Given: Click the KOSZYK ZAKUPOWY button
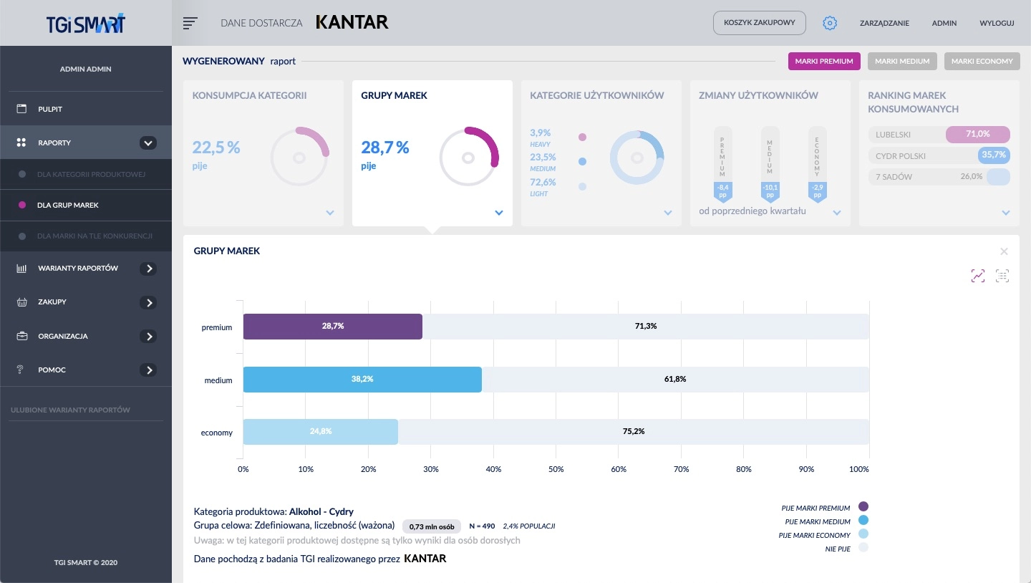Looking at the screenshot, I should pyautogui.click(x=759, y=23).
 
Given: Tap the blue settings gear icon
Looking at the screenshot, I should pyautogui.click(x=830, y=23).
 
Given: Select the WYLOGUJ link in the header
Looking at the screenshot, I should pyautogui.click(x=997, y=23).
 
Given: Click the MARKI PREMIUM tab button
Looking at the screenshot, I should pyautogui.click(x=824, y=62).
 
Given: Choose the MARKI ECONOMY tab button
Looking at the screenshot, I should pyautogui.click(x=982, y=62).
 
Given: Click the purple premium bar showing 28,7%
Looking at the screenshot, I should pyautogui.click(x=333, y=326).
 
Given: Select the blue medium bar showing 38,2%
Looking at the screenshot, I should pyautogui.click(x=362, y=379).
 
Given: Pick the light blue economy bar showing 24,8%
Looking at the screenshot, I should pyautogui.click(x=321, y=432).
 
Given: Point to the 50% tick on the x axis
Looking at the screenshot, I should pyautogui.click(x=556, y=469).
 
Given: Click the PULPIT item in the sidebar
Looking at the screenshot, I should pyautogui.click(x=50, y=109).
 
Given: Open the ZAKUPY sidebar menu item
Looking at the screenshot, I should pyautogui.click(x=52, y=302).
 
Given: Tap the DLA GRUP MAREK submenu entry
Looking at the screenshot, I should pyautogui.click(x=68, y=205).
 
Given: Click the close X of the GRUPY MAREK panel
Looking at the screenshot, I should pyautogui.click(x=1004, y=251).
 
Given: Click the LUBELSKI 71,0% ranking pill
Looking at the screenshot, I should pyautogui.click(x=939, y=134).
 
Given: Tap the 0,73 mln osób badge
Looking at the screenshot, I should pyautogui.click(x=432, y=526).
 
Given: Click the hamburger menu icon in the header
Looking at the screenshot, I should pyautogui.click(x=190, y=23).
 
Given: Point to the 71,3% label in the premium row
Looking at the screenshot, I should pyautogui.click(x=646, y=326).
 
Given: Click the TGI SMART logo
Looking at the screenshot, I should pyautogui.click(x=85, y=23).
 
